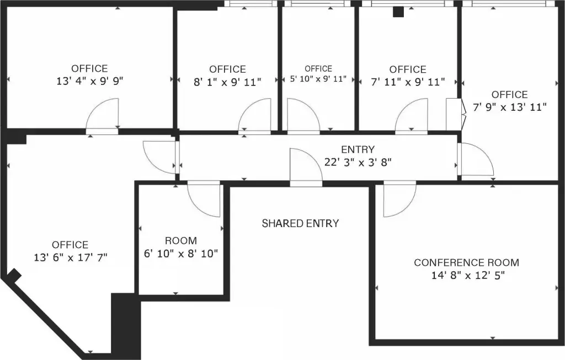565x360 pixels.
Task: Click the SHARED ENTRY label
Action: coord(300,224)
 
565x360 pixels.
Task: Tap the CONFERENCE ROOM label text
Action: coord(467,263)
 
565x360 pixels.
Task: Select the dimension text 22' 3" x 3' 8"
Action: coord(358,163)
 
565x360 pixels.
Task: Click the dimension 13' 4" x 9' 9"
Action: coord(90,81)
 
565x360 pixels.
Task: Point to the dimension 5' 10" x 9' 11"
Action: coord(318,79)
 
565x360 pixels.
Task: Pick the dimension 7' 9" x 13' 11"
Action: coord(509,108)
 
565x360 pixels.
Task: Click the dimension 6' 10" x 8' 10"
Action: coord(181,254)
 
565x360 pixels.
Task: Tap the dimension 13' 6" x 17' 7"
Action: coord(71,258)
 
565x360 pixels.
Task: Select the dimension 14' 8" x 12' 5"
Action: coord(468,276)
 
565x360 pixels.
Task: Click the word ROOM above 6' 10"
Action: coord(181,240)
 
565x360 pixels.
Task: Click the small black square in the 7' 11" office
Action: coord(398,12)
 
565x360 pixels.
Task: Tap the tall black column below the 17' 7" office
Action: coord(125,326)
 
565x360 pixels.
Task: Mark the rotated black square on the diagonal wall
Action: coord(14,276)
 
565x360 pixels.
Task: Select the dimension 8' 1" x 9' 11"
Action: coord(227,82)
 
